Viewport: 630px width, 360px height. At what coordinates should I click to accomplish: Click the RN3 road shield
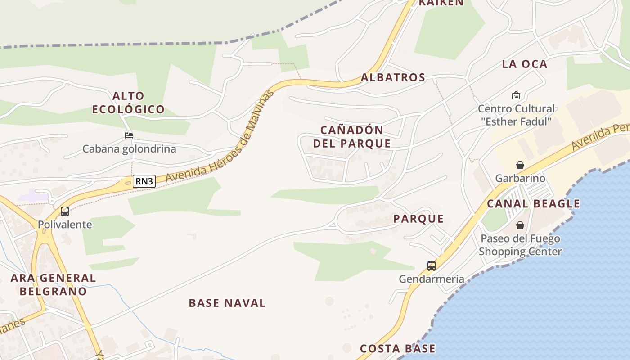[144, 181]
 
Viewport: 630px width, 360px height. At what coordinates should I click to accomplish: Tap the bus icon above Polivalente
[65, 211]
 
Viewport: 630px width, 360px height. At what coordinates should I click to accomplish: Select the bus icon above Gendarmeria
[432, 266]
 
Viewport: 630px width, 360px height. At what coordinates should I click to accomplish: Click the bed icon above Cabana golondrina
[129, 135]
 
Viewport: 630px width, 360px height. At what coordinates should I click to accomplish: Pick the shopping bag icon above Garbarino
[520, 165]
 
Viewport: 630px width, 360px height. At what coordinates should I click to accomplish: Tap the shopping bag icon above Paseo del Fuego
[520, 225]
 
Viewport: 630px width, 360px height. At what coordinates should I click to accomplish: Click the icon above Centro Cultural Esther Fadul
[516, 95]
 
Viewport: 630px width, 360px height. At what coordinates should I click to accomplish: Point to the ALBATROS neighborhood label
[393, 77]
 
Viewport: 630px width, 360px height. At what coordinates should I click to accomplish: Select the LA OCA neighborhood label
[525, 64]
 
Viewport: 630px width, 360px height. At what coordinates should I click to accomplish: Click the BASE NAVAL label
[227, 303]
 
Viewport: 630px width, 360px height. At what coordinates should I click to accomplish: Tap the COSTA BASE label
[398, 348]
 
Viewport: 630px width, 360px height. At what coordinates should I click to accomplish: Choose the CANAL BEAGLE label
[534, 203]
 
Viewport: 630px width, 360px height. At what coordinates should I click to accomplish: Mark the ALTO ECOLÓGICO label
[129, 102]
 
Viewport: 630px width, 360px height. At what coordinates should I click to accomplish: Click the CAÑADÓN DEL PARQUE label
[352, 137]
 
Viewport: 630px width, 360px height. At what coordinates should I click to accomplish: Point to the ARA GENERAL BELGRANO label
[53, 284]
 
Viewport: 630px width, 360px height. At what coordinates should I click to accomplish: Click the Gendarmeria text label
[432, 279]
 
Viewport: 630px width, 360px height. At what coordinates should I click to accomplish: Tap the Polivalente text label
[65, 225]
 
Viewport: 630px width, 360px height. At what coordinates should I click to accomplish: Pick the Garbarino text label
[520, 178]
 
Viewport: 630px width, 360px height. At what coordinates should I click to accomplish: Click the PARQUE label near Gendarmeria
[418, 219]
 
